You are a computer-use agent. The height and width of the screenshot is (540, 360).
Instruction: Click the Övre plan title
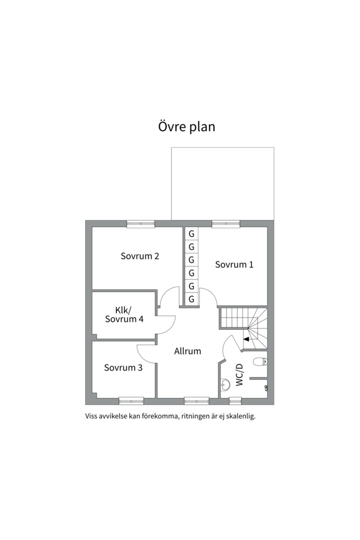tap(186, 126)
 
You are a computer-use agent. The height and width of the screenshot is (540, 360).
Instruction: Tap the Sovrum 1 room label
tap(234, 264)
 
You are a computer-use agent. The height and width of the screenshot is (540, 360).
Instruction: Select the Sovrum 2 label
tap(140, 256)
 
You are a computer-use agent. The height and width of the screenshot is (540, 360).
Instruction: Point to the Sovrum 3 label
tap(123, 368)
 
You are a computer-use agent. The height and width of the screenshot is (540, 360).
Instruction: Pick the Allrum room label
tap(187, 351)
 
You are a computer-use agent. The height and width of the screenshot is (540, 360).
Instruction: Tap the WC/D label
tap(239, 375)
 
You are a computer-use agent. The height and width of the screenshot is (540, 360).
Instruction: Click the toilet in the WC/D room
tap(260, 361)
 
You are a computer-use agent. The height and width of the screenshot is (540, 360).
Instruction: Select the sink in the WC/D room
tap(225, 385)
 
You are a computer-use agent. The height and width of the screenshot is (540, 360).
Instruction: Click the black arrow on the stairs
tap(246, 339)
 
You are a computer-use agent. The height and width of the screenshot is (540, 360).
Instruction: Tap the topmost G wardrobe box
tap(191, 234)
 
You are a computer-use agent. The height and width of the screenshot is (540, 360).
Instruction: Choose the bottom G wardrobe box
tap(191, 299)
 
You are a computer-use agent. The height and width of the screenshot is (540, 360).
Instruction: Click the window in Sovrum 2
tap(140, 224)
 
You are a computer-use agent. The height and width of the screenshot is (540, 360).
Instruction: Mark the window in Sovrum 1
tap(225, 224)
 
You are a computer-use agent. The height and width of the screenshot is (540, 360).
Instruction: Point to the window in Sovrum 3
tap(131, 401)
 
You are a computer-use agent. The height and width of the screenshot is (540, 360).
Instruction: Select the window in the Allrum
tap(196, 401)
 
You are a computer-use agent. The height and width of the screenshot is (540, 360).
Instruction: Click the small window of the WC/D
tap(235, 401)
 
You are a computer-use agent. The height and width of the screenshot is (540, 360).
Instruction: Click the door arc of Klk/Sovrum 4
tap(171, 326)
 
